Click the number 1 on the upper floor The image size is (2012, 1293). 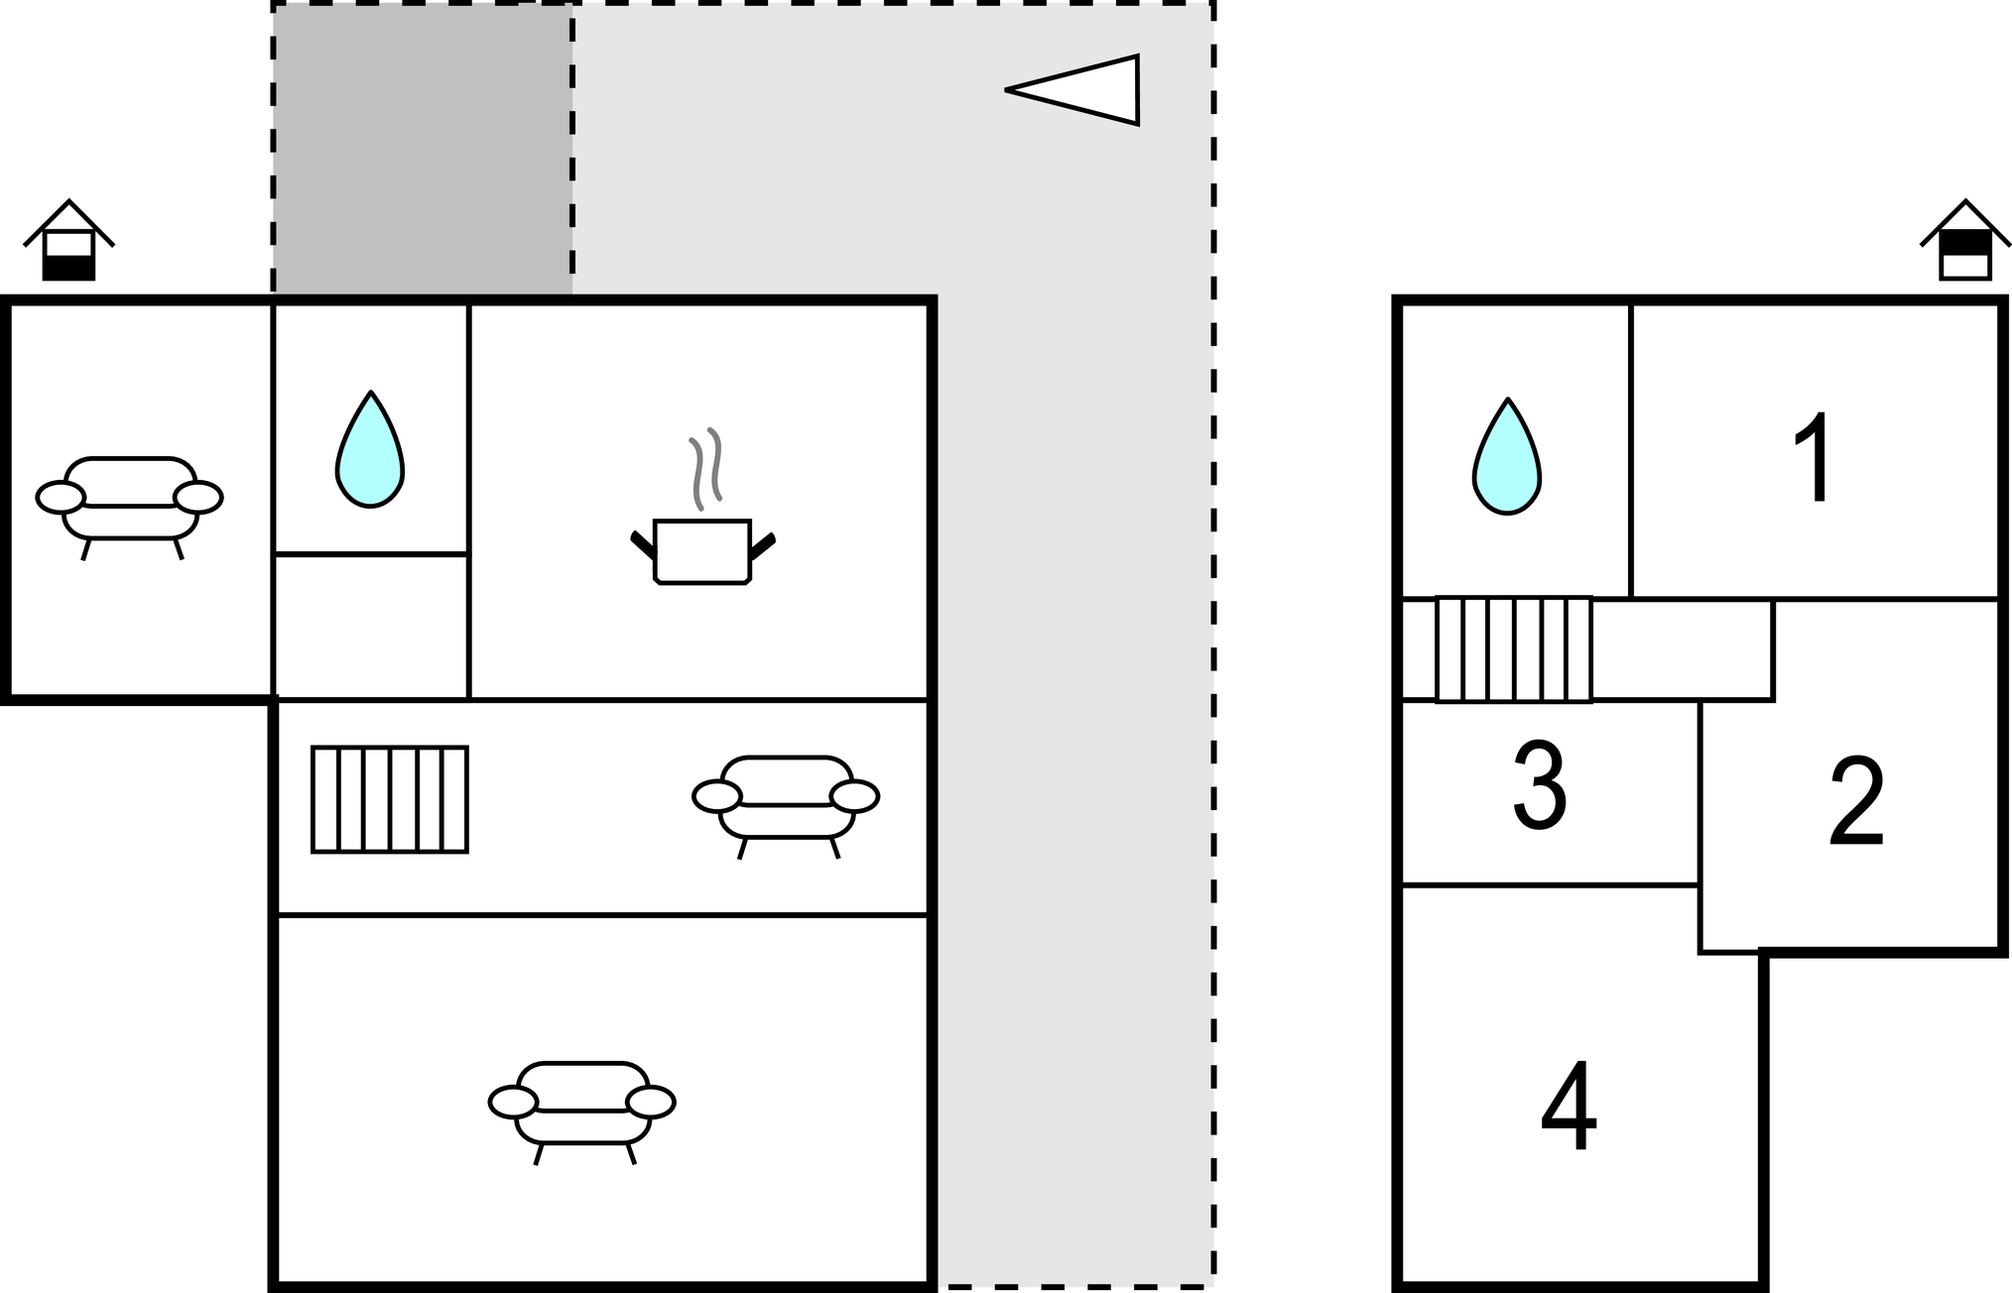pos(1815,458)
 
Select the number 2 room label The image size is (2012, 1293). pos(1856,801)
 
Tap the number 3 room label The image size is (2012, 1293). pos(1539,785)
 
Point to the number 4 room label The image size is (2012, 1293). pos(1569,1108)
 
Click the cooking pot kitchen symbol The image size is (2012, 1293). pos(702,551)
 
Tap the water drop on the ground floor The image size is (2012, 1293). pos(370,451)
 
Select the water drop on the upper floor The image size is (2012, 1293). pos(1507,458)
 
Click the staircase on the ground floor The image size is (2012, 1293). pos(390,799)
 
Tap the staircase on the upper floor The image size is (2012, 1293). pos(1514,649)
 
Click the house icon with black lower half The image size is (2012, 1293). pos(68,243)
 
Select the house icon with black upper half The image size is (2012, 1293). pos(1965,243)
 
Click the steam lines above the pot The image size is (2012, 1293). pos(706,468)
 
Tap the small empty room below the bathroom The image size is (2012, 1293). pos(370,626)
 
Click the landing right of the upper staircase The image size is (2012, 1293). pos(1682,649)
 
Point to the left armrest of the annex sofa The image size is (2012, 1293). pos(61,497)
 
